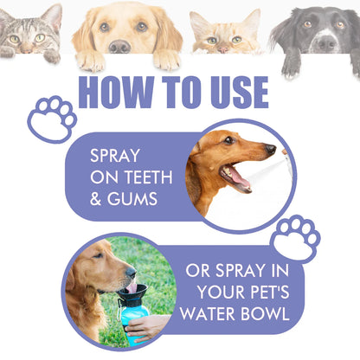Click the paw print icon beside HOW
pyautogui.click(x=51, y=118)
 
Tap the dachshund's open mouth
pyautogui.click(x=236, y=177)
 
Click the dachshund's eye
pyautogui.click(x=229, y=144)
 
